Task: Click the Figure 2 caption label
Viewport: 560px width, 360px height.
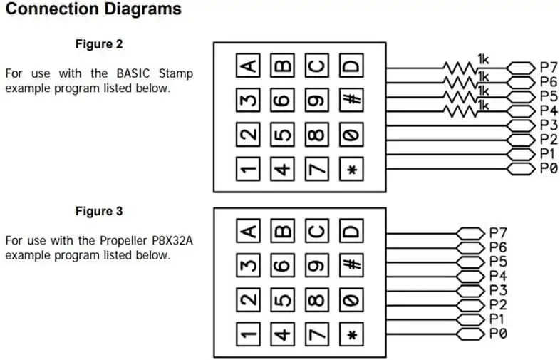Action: [x=99, y=44]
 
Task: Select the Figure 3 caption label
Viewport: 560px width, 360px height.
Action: [x=99, y=212]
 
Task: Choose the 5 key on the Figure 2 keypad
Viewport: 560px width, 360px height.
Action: [x=283, y=135]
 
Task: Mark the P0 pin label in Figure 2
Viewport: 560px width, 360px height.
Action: [x=548, y=169]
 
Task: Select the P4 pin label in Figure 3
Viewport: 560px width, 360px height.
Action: [x=498, y=276]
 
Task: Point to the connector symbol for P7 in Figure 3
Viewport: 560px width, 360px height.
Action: [x=470, y=232]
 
